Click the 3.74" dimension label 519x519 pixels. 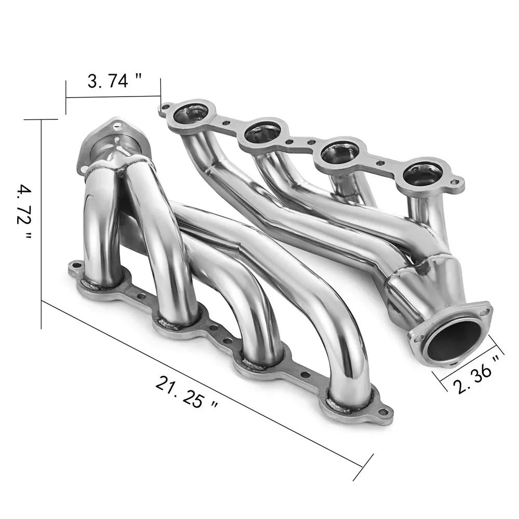click(x=114, y=81)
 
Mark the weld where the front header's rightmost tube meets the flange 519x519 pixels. click(x=349, y=402)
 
